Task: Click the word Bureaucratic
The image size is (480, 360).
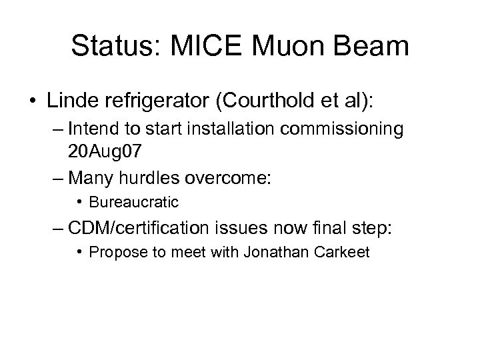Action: click(133, 201)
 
